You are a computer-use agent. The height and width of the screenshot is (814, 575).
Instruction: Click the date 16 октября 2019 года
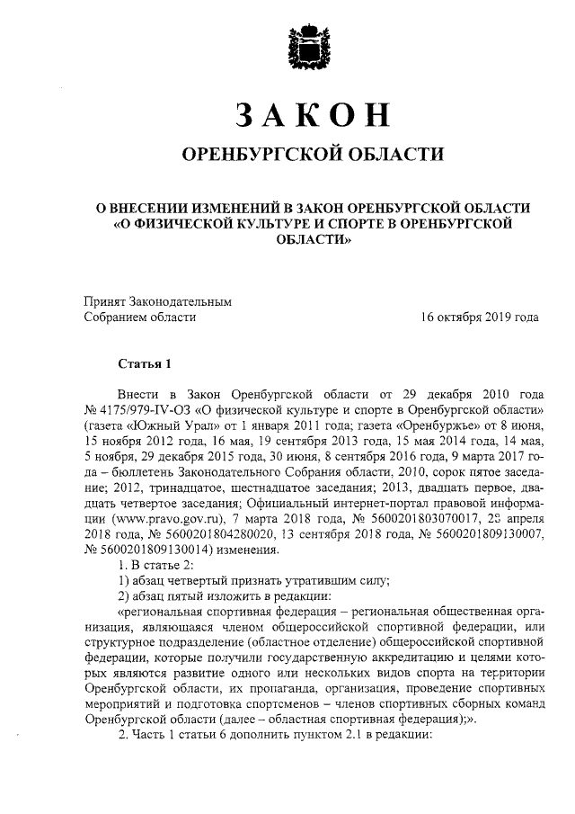click(481, 318)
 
